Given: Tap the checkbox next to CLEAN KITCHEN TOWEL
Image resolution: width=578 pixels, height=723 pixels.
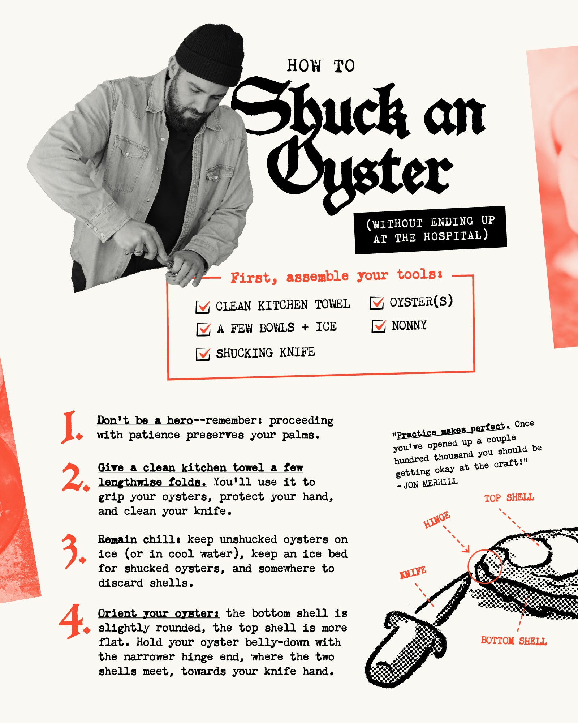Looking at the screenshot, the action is point(203,307).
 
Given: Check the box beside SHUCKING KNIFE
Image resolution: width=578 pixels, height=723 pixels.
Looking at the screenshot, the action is point(203,354).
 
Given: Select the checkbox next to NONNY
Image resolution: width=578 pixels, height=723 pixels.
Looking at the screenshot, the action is point(379,326).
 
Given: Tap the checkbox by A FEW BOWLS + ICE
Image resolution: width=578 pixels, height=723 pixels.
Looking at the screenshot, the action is point(203,329).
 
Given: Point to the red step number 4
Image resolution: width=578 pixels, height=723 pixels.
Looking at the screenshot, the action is point(74,621).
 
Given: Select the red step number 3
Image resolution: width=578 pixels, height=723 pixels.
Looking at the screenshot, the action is point(74,550).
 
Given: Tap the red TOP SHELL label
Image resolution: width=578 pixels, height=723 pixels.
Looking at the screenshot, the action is point(509,498).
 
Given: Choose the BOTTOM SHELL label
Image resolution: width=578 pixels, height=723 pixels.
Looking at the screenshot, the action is point(513,641).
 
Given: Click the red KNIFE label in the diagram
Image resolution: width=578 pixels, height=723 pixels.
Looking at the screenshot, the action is point(413,573).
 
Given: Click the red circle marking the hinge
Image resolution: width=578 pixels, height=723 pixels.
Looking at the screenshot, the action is point(469,567).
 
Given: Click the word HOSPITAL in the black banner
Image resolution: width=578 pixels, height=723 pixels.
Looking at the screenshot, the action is point(453,236).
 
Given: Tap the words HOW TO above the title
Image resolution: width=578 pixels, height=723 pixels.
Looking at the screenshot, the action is point(321,66).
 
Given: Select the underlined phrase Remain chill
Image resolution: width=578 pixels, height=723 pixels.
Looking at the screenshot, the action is point(139,539).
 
